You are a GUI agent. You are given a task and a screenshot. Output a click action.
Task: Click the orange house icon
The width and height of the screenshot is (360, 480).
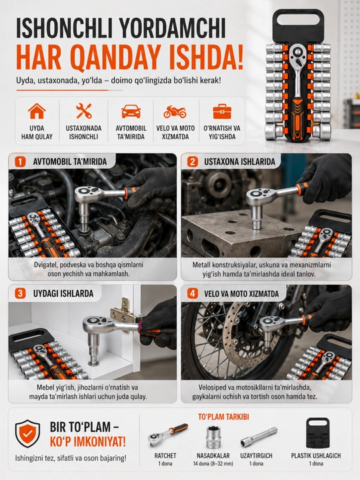click(37, 111)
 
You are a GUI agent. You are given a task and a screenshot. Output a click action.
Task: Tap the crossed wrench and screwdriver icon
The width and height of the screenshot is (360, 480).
click(83, 111)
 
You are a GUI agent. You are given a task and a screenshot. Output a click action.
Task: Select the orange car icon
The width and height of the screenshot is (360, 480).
click(131, 111)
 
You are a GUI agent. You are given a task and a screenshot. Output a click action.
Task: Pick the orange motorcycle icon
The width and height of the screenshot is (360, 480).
click(175, 112)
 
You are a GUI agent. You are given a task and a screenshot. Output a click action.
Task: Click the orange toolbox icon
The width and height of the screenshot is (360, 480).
click(222, 111)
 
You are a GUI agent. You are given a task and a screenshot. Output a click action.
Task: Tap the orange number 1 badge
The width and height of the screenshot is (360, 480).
click(20, 161)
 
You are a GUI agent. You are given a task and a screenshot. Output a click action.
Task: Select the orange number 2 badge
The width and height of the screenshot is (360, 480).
click(192, 161)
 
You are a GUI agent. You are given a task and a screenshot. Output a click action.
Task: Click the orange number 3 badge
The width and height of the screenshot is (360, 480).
click(20, 293)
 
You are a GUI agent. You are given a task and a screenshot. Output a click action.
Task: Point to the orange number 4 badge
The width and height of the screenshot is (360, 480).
click(192, 293)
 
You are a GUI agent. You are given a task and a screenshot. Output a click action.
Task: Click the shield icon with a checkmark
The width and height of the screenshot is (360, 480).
click(27, 433)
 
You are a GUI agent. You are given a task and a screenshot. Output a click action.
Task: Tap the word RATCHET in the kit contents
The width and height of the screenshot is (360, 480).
click(165, 455)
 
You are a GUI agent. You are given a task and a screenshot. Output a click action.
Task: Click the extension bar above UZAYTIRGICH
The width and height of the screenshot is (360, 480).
click(259, 437)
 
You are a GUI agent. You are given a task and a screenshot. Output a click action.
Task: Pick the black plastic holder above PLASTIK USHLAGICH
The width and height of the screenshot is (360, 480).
click(317, 433)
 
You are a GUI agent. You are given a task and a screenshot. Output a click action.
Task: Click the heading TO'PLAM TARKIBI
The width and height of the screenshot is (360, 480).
click(223, 417)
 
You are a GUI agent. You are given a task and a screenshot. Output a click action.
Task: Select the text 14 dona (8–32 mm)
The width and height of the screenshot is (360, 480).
click(213, 463)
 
